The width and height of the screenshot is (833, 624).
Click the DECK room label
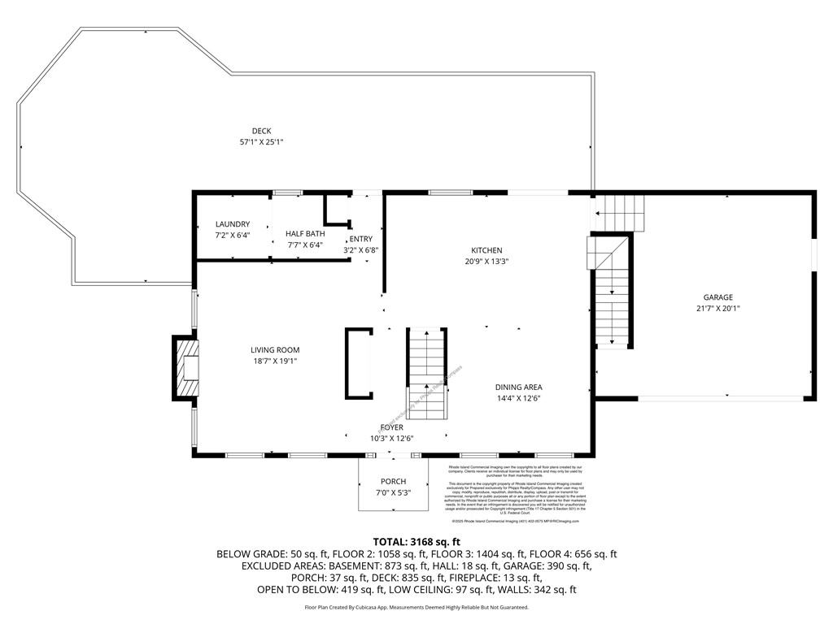261,131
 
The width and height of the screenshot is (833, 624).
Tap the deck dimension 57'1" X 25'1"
261,142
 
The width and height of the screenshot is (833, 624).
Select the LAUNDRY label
233,224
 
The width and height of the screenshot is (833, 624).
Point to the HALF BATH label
305,233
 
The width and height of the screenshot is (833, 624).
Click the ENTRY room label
361,239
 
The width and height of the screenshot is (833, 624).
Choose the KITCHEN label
486,250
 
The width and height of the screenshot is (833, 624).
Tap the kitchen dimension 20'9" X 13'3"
486,262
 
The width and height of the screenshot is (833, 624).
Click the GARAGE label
718,297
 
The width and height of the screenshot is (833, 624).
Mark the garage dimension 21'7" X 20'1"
718,309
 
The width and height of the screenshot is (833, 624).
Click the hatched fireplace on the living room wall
187,368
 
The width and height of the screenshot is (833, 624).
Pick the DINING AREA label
518,388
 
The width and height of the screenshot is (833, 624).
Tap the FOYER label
391,427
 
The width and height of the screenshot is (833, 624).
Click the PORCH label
393,482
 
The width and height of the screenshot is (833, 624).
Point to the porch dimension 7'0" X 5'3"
393,493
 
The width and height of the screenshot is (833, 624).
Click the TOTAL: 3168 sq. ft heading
416,541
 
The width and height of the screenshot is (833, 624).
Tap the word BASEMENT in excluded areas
348,565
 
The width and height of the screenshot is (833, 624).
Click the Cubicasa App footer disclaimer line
416,607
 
